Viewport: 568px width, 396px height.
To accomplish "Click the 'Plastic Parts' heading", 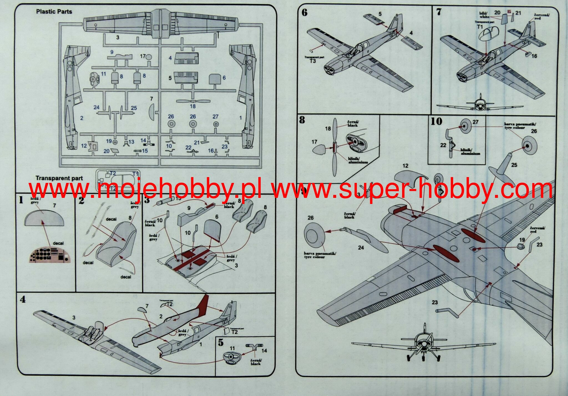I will click(54, 12).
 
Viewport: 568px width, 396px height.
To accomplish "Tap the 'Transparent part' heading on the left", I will click(59, 178).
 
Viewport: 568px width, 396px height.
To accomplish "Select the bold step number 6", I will click(304, 12).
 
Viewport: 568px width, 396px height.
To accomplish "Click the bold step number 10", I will click(436, 121).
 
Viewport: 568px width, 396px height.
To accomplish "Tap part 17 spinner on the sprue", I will click(149, 57).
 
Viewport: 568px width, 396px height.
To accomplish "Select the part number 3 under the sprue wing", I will click(118, 37).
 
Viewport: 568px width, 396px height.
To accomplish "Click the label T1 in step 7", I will click(480, 27).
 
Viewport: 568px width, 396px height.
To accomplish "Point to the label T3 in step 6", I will click(312, 61).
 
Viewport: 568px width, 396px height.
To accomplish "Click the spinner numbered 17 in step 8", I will click(320, 150).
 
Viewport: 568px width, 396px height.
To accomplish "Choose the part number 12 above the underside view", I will click(405, 166).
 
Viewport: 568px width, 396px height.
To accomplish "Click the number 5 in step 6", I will click(380, 14).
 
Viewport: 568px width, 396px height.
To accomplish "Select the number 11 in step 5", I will click(232, 348).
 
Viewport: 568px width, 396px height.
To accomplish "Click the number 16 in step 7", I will click(534, 56).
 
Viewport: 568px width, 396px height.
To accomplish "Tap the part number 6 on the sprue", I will click(224, 78).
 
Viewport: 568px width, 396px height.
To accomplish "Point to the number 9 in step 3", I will click(189, 208).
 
